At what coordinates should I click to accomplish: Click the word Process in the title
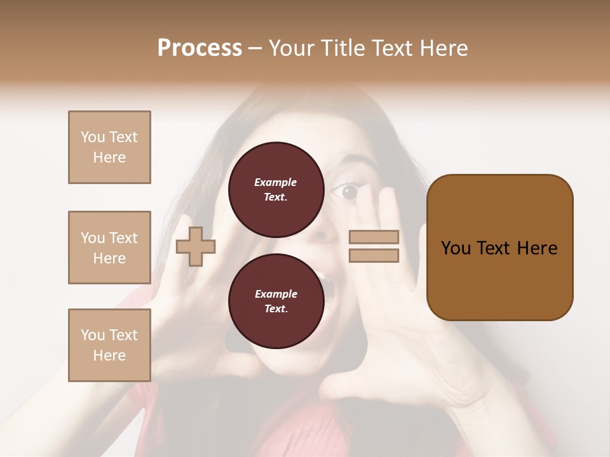200,48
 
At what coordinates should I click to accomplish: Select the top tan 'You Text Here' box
109,147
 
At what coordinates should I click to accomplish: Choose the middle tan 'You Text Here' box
109,248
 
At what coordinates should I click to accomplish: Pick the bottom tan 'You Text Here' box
109,345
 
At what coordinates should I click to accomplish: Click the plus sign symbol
196,248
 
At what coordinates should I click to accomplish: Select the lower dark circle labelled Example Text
276,301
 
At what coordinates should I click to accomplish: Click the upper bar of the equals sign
374,237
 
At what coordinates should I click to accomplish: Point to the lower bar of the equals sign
374,256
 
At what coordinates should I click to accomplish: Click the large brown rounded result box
499,248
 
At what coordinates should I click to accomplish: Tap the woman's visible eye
350,192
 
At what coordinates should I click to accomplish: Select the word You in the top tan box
92,137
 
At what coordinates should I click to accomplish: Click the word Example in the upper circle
276,182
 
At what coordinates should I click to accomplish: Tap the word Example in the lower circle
276,294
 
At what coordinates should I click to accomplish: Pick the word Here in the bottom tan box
109,355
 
